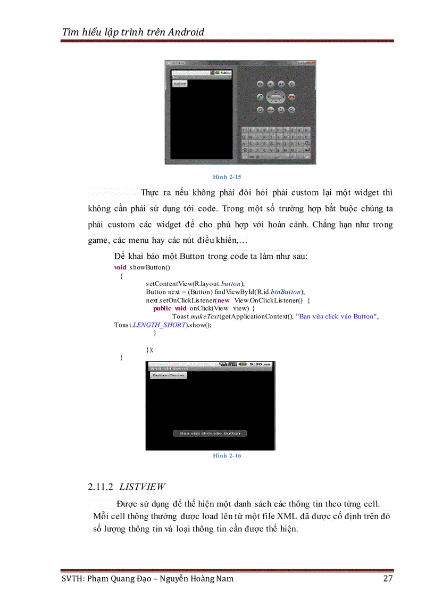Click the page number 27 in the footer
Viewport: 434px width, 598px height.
click(388, 579)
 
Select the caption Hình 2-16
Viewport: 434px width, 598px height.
click(227, 456)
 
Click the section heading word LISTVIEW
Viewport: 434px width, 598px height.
click(142, 487)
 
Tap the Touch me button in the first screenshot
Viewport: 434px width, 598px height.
click(179, 84)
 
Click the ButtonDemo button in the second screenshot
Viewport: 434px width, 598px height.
click(168, 375)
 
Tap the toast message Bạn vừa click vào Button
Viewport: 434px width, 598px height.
click(210, 433)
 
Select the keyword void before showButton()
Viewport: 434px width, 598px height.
click(120, 267)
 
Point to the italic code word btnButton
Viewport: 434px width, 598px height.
click(286, 292)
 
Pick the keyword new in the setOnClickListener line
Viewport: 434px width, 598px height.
click(224, 300)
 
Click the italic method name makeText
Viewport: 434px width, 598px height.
click(204, 317)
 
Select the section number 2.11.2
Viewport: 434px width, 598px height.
click(101, 487)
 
